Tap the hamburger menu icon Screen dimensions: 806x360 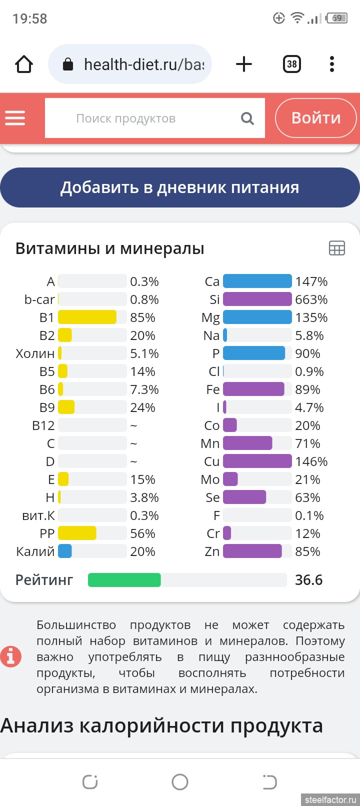click(15, 118)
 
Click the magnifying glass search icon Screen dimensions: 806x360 click(247, 118)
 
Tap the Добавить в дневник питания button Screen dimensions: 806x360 click(180, 187)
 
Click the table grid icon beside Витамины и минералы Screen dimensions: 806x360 click(336, 248)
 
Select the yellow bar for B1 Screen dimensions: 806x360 click(87, 317)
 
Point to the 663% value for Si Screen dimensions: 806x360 click(311, 299)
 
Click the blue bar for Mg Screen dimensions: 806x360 click(257, 317)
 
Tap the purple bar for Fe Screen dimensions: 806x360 click(253, 389)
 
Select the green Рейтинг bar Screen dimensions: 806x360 click(124, 580)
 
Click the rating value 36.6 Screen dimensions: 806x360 click(308, 580)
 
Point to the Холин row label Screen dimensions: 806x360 click(35, 353)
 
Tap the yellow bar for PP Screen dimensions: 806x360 click(77, 533)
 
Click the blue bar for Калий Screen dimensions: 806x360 click(65, 551)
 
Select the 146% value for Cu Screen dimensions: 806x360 click(311, 461)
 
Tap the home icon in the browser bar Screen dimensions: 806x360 click(24, 64)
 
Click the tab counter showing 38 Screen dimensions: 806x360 click(291, 64)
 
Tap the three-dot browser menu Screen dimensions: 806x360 click(331, 64)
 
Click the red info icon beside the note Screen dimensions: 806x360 click(11, 656)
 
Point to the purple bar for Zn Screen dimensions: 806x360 click(252, 551)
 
